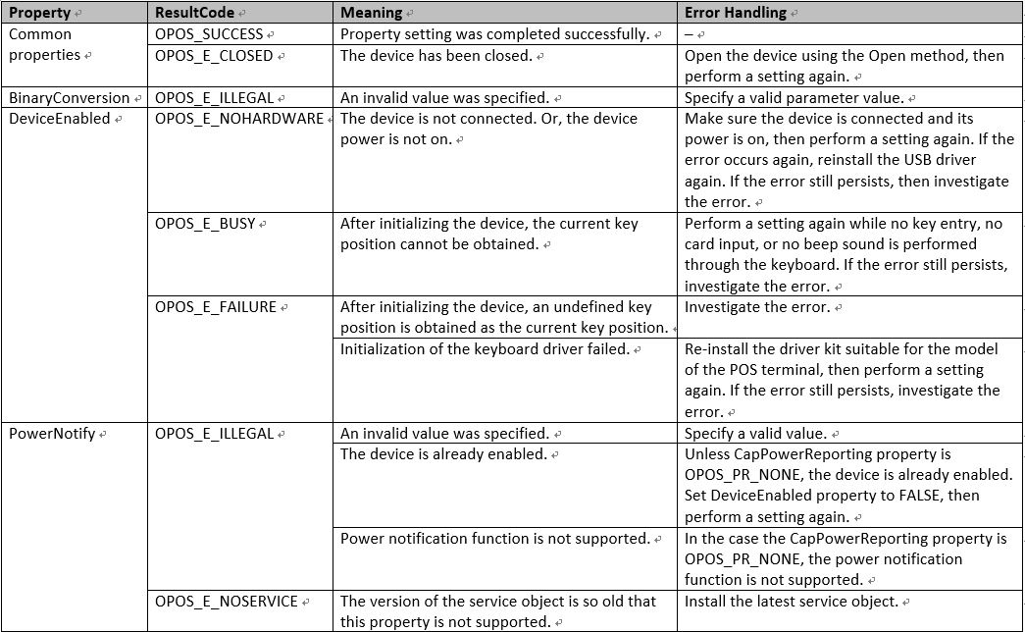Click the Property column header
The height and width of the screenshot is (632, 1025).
(39, 14)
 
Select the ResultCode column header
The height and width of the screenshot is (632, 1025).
(194, 14)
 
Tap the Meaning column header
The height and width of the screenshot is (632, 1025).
(371, 14)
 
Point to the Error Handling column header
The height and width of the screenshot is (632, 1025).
(735, 14)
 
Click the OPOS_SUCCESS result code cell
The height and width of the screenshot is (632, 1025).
(209, 34)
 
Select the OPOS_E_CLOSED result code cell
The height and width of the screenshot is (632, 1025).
(214, 56)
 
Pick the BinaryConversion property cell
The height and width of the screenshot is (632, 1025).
(70, 98)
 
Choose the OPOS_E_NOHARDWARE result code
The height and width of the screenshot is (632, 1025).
(239, 119)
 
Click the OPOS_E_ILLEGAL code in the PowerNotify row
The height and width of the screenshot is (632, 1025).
(215, 434)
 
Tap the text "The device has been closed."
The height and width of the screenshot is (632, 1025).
(436, 56)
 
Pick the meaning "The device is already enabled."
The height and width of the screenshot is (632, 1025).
(443, 454)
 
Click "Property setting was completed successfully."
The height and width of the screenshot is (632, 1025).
(494, 34)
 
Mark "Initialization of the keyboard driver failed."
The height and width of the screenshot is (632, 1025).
(485, 349)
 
